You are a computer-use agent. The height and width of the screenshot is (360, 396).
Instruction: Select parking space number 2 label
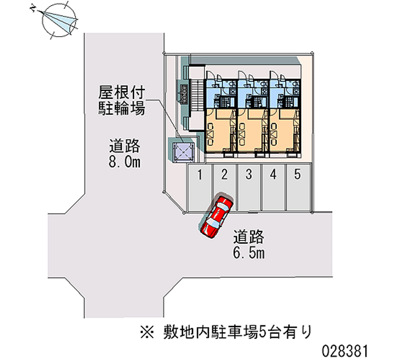(x=224, y=174)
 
